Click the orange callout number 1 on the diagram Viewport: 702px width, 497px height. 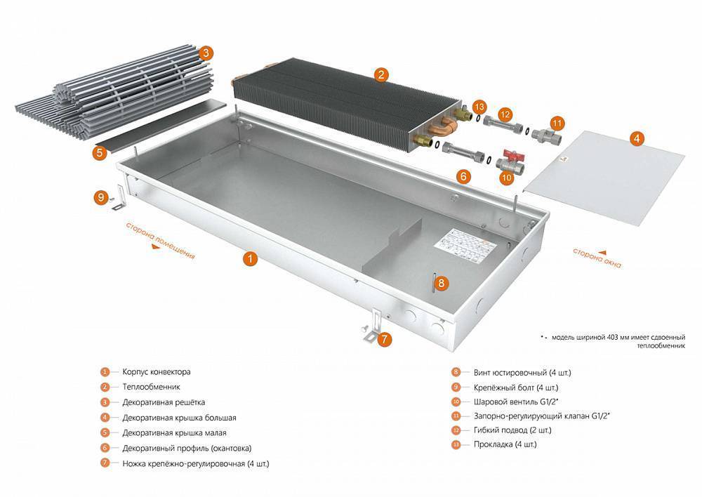[249, 258]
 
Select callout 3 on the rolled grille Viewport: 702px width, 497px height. [205, 53]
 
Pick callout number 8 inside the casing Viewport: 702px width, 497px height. [440, 284]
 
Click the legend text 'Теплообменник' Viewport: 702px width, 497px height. [151, 387]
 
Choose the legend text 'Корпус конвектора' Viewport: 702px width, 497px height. [156, 371]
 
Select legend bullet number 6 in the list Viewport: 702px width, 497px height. [105, 448]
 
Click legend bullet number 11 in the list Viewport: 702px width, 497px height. [456, 416]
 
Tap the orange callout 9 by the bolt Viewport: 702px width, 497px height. [100, 198]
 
